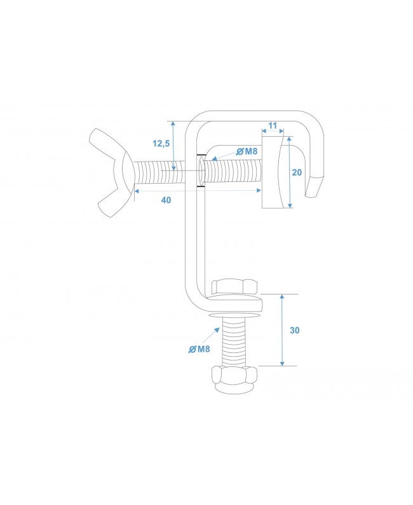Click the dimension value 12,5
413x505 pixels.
[162, 144]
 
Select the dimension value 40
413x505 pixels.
[166, 200]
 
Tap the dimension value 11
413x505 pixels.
[273, 126]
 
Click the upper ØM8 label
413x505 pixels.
[247, 151]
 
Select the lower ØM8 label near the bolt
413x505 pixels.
[200, 348]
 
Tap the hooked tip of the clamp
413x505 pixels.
[313, 188]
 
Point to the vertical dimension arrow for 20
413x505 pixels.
[290, 172]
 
